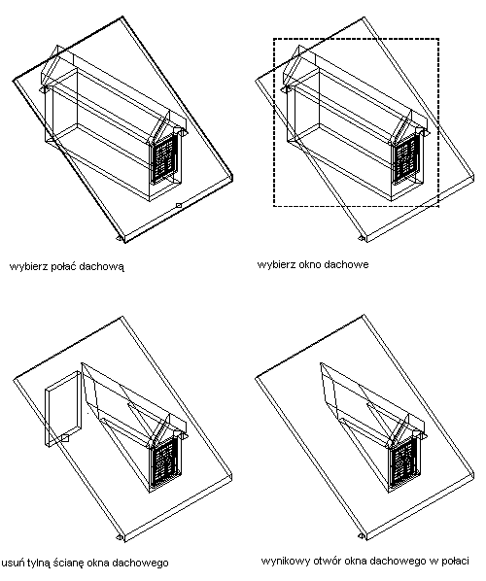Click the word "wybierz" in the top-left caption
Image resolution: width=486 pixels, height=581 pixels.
coord(24,266)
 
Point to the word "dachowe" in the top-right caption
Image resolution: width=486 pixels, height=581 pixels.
coord(346,264)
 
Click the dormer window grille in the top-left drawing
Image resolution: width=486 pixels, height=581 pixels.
coord(164,157)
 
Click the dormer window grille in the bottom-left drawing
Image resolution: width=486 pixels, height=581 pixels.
coord(164,461)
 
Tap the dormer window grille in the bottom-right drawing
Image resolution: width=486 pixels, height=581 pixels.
coord(406,461)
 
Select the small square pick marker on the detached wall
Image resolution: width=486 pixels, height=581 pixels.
coord(65,439)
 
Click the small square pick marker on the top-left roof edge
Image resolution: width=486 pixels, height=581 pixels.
coord(178,205)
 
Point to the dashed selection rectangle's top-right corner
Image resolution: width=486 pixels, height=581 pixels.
coord(439,39)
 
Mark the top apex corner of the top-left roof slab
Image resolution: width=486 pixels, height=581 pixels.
coord(122,17)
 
